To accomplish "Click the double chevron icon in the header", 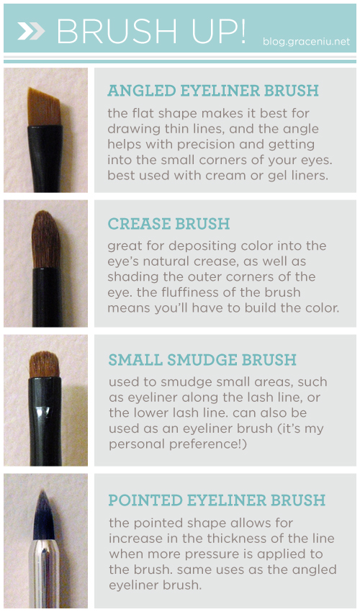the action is (x=31, y=31).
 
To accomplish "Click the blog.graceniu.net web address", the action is (x=306, y=41).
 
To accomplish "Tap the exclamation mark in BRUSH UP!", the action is (x=241, y=30).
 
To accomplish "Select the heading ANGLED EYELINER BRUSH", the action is (x=213, y=91).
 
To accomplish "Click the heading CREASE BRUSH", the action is (x=168, y=224).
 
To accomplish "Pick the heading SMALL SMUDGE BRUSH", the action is (x=202, y=360).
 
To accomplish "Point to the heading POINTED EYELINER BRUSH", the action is (x=217, y=500).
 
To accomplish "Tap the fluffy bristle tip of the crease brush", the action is (x=45, y=239).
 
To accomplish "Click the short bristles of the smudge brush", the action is (x=44, y=364).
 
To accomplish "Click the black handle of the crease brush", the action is (x=47, y=297).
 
